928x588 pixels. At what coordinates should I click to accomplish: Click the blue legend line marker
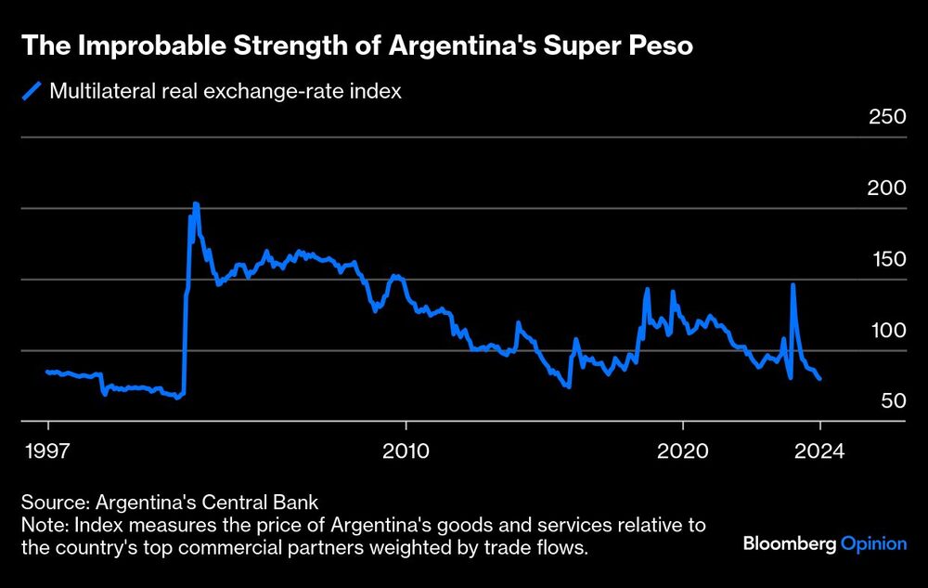[x=32, y=91]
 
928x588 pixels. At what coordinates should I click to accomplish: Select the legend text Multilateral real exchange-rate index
[x=225, y=91]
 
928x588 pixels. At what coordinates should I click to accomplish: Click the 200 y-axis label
[x=886, y=189]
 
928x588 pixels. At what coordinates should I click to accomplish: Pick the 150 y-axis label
[x=886, y=259]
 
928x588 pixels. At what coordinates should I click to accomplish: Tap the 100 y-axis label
[x=886, y=331]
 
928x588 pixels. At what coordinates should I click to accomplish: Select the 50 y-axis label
[x=891, y=401]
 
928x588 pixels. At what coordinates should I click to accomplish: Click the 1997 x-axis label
[x=47, y=451]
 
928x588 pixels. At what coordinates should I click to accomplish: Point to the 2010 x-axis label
[x=406, y=451]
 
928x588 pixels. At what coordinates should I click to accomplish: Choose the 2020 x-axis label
[x=682, y=451]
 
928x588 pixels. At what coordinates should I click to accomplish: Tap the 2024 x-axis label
[x=820, y=451]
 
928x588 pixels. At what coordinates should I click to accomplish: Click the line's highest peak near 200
[x=195, y=203]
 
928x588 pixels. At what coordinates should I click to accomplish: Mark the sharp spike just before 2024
[x=793, y=285]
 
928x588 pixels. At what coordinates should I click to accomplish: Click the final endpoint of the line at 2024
[x=819, y=379]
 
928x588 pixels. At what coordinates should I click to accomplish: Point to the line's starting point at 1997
[x=47, y=372]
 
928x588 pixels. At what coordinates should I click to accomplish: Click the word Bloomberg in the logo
[x=790, y=544]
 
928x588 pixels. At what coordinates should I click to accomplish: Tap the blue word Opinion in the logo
[x=873, y=544]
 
